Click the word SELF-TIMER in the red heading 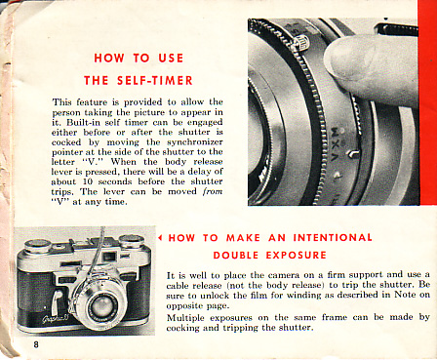(155, 80)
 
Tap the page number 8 (36, 344)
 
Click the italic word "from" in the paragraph (213, 191)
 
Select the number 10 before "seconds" (88, 181)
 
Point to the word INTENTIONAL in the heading (333, 237)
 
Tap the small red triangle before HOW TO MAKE (160, 238)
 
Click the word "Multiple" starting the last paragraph (185, 317)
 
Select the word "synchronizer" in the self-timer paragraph (195, 142)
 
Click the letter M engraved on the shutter (335, 132)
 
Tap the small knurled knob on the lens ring (301, 43)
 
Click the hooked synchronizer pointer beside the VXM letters (353, 152)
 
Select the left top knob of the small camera (36, 246)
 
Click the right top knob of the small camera (132, 242)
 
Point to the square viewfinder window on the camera (109, 257)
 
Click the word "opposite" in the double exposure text (181, 305)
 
